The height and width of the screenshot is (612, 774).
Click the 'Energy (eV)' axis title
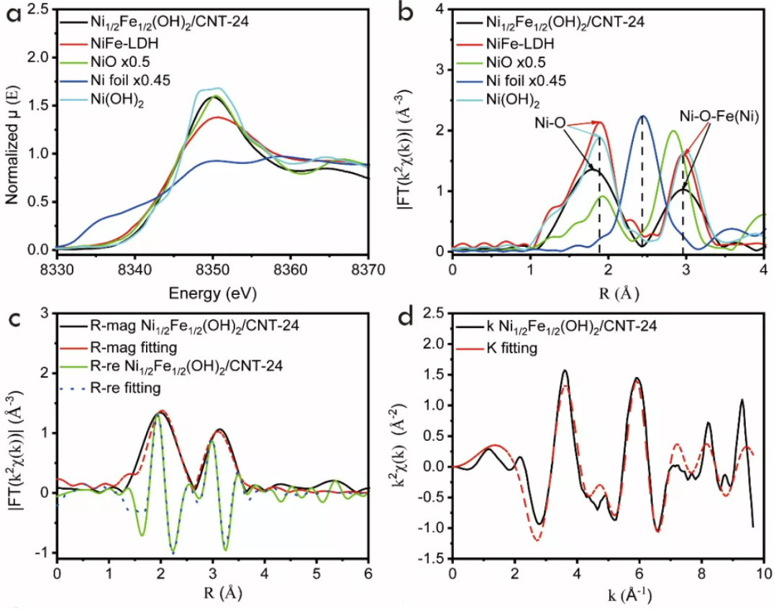213,293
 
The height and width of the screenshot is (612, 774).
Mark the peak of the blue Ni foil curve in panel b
642,117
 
